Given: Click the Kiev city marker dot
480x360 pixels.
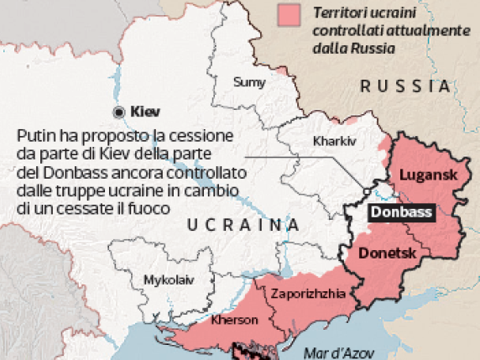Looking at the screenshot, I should pos(119,111).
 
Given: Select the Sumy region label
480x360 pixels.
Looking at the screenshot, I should pos(249,82).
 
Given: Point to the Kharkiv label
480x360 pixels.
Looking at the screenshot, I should pos(334,141).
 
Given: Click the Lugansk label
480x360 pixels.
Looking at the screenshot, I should pos(426,175).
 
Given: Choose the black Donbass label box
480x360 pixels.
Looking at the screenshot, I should pos(402,212).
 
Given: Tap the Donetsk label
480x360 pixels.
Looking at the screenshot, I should pos(388,252).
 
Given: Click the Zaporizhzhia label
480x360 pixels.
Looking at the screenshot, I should pos(306,294).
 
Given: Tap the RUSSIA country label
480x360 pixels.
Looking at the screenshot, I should pos(405,86).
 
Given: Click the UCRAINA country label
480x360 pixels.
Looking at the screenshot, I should pos(243,225).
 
